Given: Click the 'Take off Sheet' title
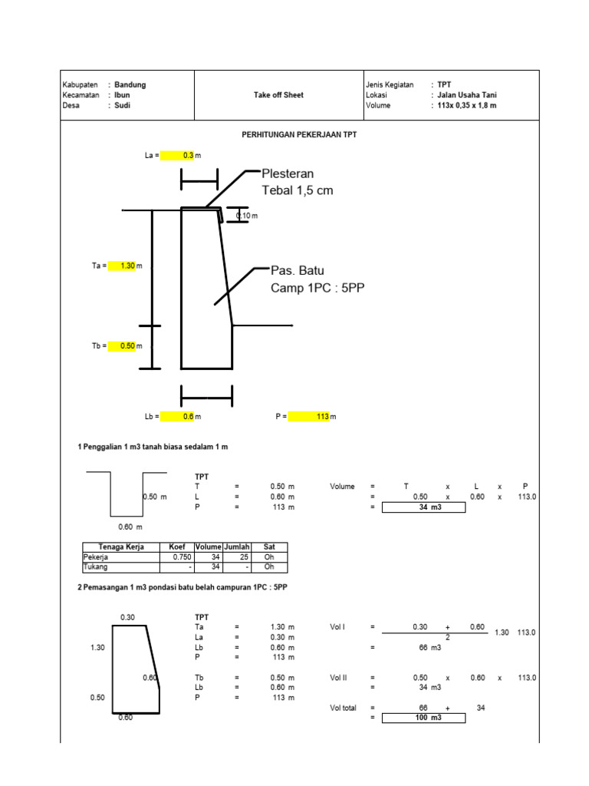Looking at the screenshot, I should click(x=278, y=95).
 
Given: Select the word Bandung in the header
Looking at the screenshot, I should click(x=130, y=84).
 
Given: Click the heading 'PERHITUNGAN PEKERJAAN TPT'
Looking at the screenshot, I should click(x=299, y=134).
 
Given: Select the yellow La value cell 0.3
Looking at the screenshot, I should click(x=178, y=155).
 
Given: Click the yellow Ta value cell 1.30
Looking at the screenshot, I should click(x=122, y=266).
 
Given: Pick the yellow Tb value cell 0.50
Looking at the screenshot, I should click(x=122, y=346).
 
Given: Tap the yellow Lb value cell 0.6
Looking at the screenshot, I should click(x=178, y=416).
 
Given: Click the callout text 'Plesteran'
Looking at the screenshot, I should click(x=288, y=173).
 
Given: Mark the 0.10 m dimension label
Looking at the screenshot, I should click(x=247, y=216).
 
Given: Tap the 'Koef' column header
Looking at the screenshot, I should click(x=176, y=547).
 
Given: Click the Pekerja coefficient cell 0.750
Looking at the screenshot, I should click(x=176, y=556).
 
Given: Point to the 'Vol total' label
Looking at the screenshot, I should click(x=343, y=708).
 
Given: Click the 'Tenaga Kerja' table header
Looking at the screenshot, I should click(x=120, y=547).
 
